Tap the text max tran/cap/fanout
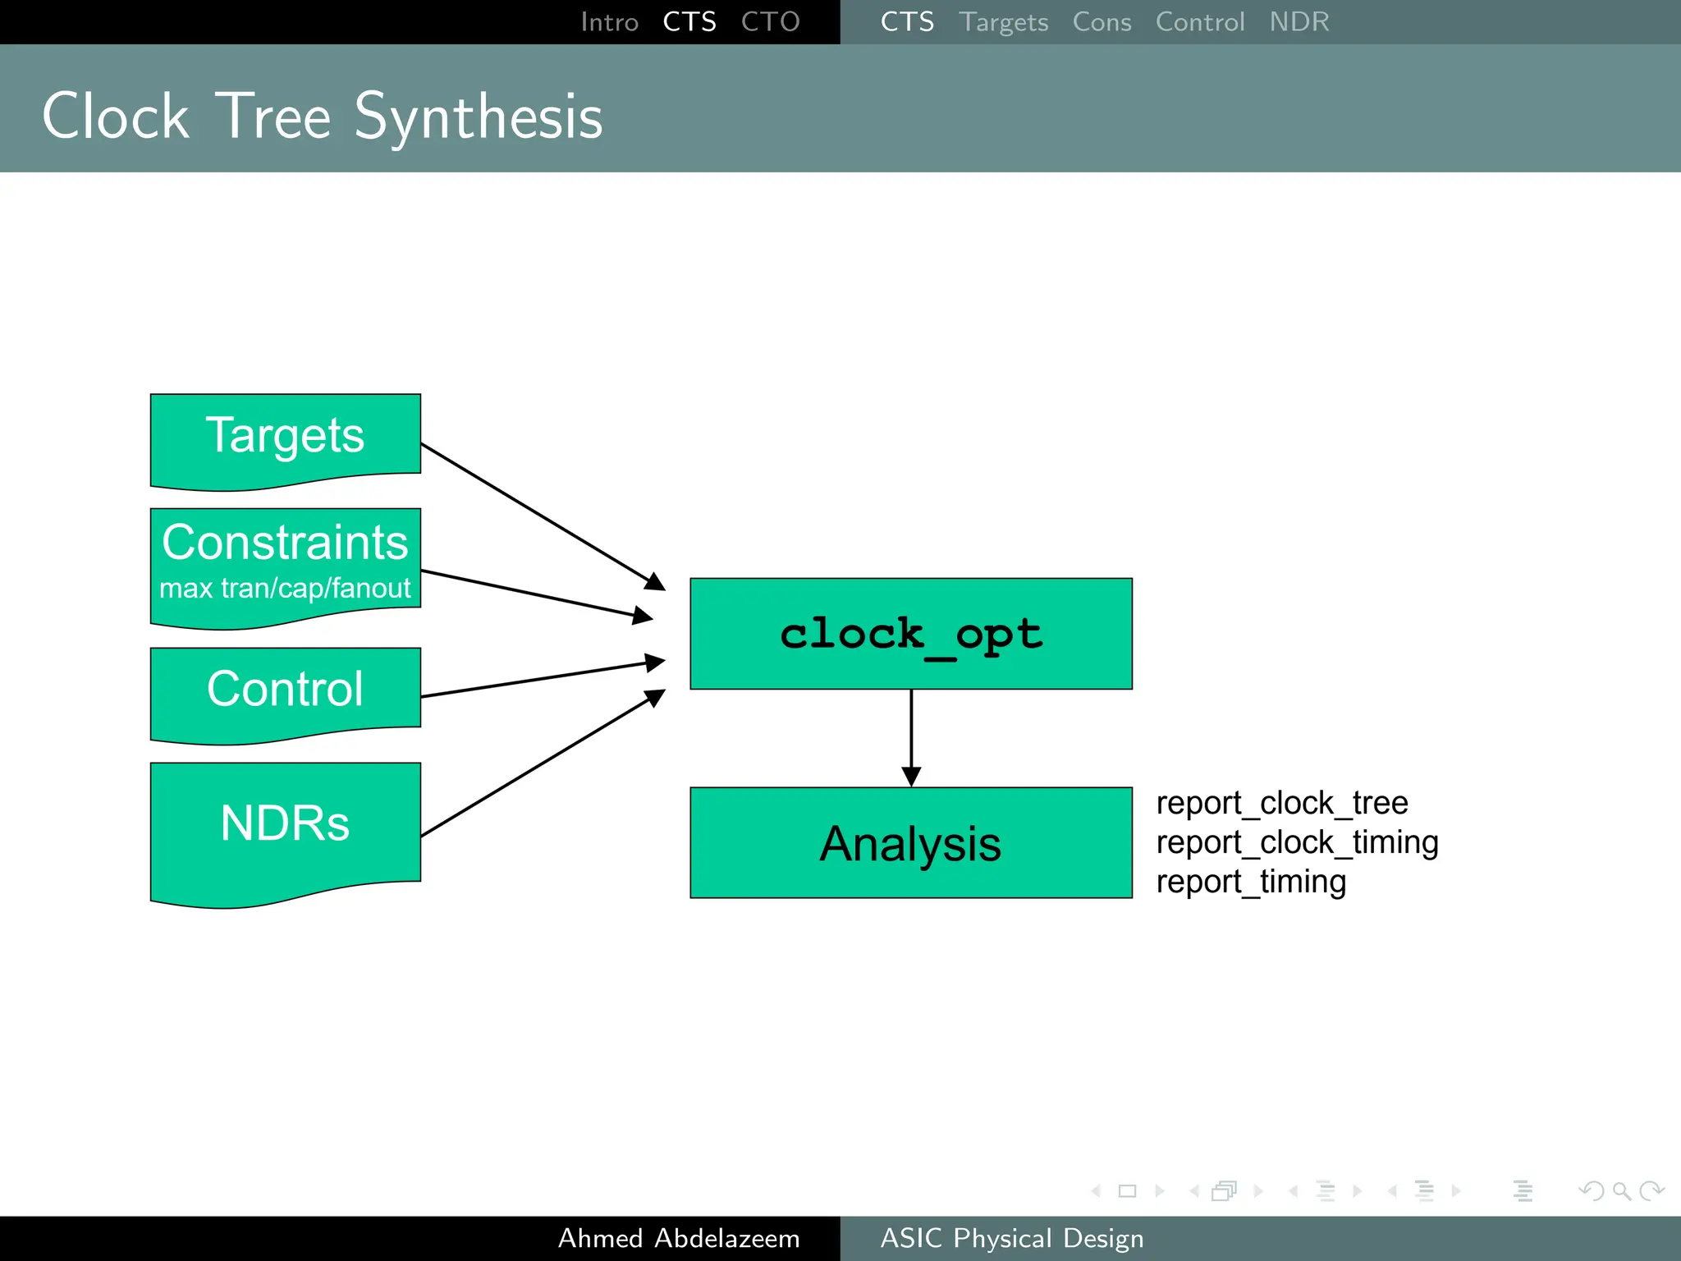point(285,589)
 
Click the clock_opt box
point(910,634)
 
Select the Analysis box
point(910,843)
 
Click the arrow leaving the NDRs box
point(542,763)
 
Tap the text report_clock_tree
point(1281,803)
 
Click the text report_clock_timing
point(1297,842)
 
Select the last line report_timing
point(1251,882)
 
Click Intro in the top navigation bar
point(609,22)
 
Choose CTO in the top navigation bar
point(770,22)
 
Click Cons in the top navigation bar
point(1102,22)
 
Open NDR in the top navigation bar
point(1299,22)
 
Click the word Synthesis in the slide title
point(479,117)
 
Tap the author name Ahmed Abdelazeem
point(679,1238)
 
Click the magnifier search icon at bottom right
point(1621,1190)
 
